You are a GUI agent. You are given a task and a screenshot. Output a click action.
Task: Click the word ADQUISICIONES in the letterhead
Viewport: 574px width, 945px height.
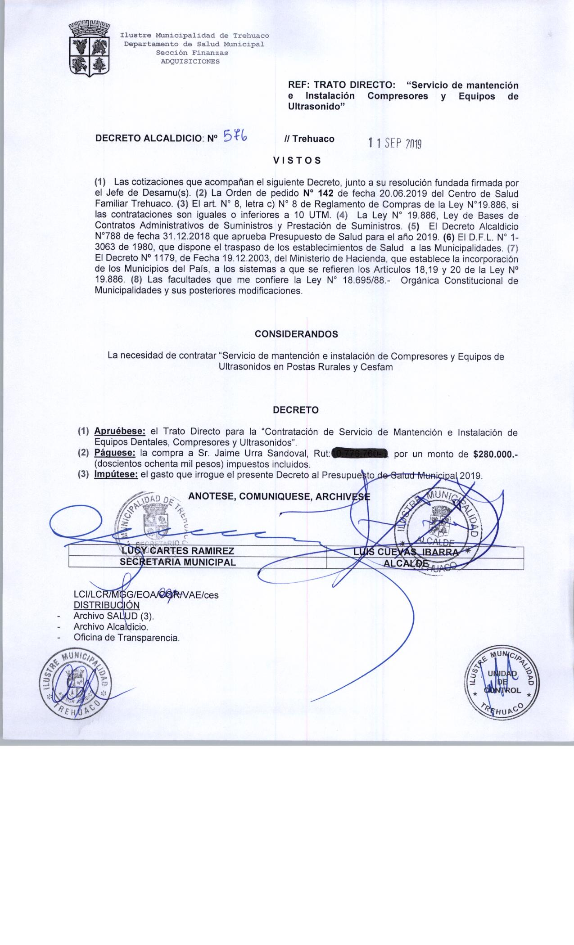190,62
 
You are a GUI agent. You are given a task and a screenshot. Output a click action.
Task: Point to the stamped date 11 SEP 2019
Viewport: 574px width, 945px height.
394,144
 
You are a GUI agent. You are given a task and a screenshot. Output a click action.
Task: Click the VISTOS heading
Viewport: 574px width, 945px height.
297,160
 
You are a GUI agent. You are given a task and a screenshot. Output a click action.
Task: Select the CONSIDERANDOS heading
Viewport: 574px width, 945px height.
296,334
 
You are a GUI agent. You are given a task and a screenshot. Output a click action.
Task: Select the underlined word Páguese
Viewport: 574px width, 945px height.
115,454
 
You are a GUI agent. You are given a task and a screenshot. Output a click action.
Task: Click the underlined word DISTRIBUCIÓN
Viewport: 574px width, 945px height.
107,605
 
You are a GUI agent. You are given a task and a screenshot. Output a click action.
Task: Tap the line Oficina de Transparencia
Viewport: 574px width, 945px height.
127,637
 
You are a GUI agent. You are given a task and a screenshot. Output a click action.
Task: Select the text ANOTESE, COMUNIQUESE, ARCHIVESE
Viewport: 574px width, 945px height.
279,496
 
